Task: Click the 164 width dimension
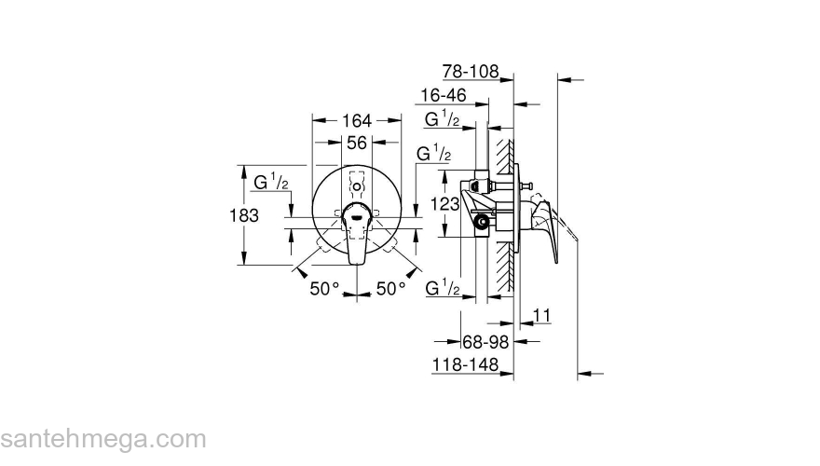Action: coord(356,120)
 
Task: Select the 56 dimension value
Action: coord(356,143)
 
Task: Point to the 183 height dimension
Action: coord(243,214)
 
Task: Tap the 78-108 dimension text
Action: coord(471,72)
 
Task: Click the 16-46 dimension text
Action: coord(444,95)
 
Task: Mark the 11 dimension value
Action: coord(543,317)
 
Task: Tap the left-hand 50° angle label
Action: coord(325,289)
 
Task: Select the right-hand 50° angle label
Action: coord(391,289)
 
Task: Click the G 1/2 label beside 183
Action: coord(271,183)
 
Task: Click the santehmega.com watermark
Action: coord(102,437)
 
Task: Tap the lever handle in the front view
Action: coord(357,228)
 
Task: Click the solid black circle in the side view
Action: coord(481,223)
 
